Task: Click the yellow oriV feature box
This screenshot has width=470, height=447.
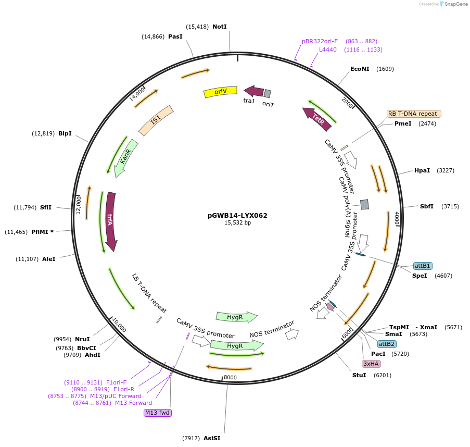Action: click(x=220, y=92)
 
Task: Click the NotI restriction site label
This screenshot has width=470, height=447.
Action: click(x=220, y=27)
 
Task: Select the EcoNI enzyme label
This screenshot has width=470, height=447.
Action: click(x=360, y=69)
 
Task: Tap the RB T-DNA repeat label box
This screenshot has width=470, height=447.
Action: click(x=414, y=114)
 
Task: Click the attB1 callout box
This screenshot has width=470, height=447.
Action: click(x=423, y=266)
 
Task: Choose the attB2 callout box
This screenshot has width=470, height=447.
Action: click(x=386, y=344)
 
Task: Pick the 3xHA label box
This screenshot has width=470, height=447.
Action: click(x=372, y=364)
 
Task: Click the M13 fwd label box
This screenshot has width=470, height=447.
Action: click(x=158, y=413)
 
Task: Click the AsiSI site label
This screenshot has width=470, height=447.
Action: click(x=212, y=438)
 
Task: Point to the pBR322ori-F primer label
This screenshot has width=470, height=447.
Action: click(x=320, y=41)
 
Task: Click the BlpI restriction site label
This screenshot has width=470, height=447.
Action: click(x=65, y=133)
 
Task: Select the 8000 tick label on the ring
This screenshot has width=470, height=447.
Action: click(x=230, y=377)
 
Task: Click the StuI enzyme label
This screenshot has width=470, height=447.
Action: click(x=359, y=375)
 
